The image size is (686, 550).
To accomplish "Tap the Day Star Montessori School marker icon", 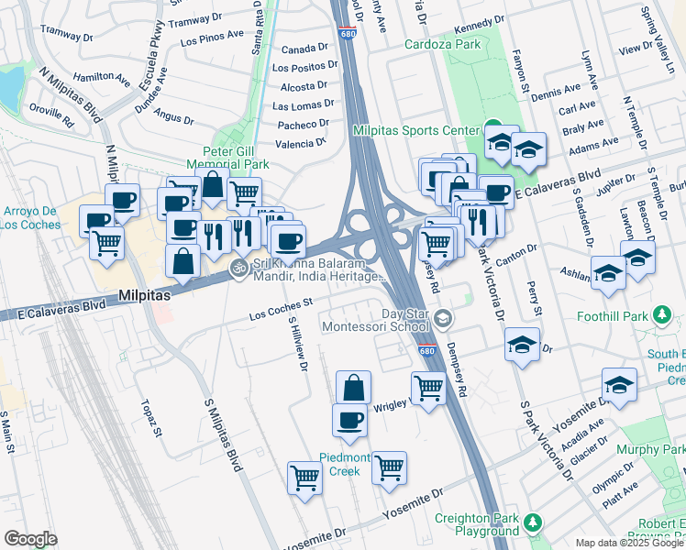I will [x=444, y=319].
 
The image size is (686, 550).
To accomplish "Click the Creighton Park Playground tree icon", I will [x=533, y=523].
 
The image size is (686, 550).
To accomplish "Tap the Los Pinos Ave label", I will [x=212, y=40].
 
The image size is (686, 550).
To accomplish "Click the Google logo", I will [x=30, y=538].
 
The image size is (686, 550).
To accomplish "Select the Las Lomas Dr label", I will [x=303, y=105].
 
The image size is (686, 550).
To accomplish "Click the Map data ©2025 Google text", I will [x=629, y=543].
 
